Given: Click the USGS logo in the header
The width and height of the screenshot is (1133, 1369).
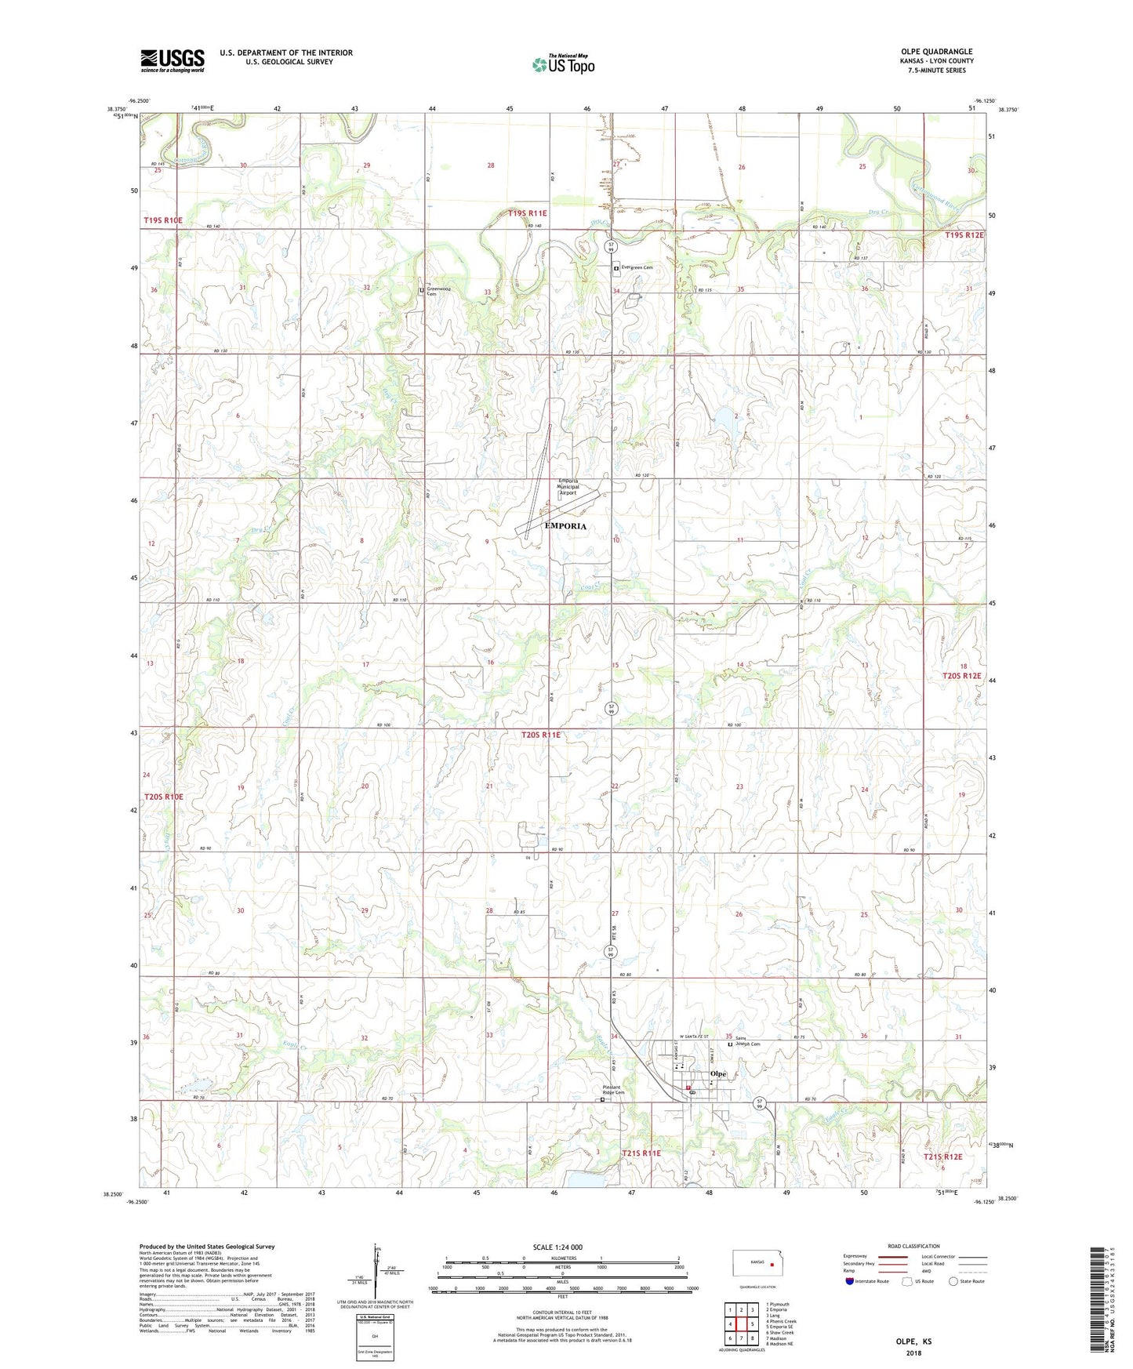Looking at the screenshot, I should pyautogui.click(x=172, y=60).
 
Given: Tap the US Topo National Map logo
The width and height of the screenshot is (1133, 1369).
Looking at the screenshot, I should pyautogui.click(x=563, y=64).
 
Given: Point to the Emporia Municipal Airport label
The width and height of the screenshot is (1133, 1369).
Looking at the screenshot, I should pyautogui.click(x=568, y=487).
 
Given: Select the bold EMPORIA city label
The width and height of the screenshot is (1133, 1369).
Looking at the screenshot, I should pyautogui.click(x=565, y=526).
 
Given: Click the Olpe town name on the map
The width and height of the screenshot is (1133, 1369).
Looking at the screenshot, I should pyautogui.click(x=717, y=1073).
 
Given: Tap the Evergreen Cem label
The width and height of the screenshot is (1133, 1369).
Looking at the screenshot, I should pyautogui.click(x=637, y=267).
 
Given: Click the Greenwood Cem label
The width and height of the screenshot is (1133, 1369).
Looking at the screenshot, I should pyautogui.click(x=438, y=291).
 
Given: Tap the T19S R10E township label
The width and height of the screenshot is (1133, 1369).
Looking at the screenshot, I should pyautogui.click(x=163, y=221).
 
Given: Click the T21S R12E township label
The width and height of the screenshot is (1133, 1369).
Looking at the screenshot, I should pyautogui.click(x=942, y=1157).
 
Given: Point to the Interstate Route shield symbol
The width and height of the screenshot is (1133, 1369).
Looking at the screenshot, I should pyautogui.click(x=851, y=1282).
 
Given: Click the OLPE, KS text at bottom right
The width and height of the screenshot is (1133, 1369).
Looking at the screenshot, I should pyautogui.click(x=913, y=1342).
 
